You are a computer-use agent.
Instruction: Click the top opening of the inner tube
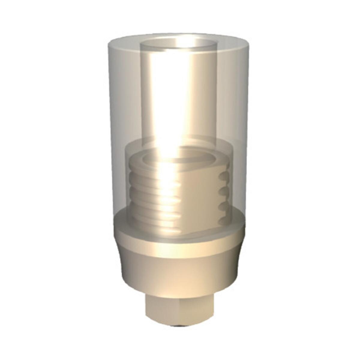click(178, 45)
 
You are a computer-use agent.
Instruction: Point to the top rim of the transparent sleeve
click(180, 35)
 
